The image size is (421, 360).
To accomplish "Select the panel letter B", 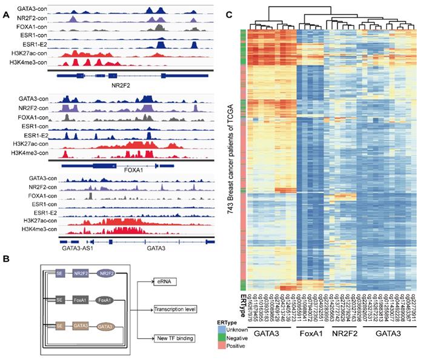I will point(5,260).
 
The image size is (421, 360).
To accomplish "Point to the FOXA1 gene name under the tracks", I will point(133,170).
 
